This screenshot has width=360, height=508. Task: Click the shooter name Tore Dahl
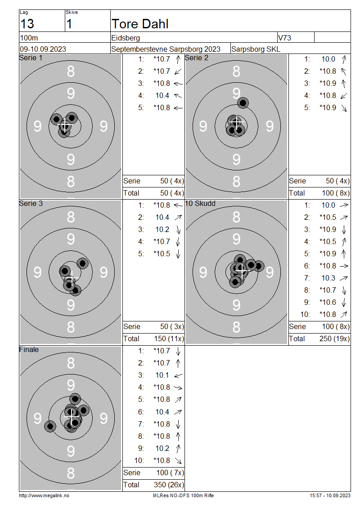coord(140,24)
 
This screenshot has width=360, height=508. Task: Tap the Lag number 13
coord(27,24)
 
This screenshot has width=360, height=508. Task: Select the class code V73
coord(285,38)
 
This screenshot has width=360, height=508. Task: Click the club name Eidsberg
coord(126,38)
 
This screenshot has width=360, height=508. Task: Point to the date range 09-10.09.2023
coord(43,49)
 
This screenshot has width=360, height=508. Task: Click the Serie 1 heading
coord(31,58)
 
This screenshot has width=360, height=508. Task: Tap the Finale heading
coord(29,349)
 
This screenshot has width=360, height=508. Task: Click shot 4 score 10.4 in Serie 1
coord(162,95)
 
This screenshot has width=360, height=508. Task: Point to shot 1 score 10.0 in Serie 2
coord(328,59)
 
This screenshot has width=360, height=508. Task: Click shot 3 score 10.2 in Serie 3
coord(162,229)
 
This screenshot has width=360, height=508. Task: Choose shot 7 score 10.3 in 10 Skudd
coord(328,278)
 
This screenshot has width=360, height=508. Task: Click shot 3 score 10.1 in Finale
coord(162,375)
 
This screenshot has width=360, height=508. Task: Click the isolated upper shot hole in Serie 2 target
coord(243,103)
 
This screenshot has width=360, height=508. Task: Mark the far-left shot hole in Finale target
coord(50,426)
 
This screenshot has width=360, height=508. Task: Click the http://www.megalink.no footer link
coord(44,495)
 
